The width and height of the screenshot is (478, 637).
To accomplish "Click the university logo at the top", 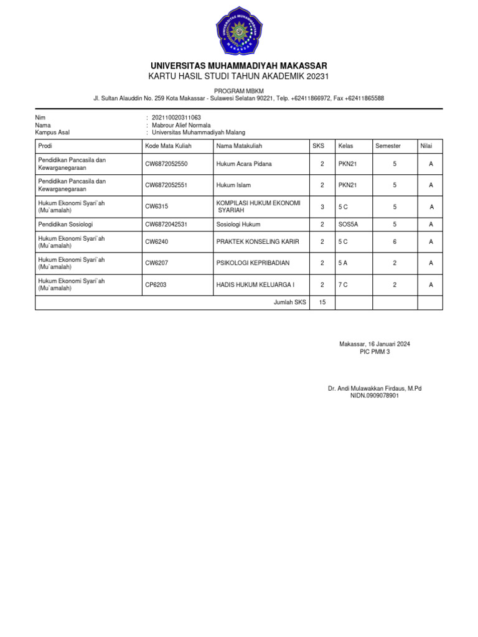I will point(239,30).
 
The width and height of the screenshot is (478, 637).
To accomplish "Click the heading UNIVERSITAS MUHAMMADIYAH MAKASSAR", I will point(239,66).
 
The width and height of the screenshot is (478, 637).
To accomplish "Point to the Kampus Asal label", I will point(52,133).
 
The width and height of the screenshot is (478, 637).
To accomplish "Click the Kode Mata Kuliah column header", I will point(168,146).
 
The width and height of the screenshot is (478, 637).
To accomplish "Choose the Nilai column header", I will point(426,146).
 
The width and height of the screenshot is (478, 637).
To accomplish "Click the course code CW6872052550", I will point(166,164).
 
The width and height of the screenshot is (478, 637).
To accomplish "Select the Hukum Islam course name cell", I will point(233,185).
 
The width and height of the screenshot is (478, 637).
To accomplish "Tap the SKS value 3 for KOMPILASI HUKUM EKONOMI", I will point(322,207).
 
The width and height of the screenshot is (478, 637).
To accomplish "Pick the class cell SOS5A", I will point(348,224).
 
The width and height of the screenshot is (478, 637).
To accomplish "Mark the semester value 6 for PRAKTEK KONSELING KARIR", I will point(395,242).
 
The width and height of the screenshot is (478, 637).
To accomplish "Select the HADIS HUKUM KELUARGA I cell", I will point(255,284).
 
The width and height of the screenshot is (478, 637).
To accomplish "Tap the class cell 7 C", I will point(343,284).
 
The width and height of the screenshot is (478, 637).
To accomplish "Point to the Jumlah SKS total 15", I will point(322,302).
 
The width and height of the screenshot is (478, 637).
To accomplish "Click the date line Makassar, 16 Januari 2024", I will point(374,344).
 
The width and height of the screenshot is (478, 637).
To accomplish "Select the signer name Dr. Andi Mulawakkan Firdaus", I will point(374,388).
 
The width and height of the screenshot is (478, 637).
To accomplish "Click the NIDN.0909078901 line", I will point(374,396).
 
